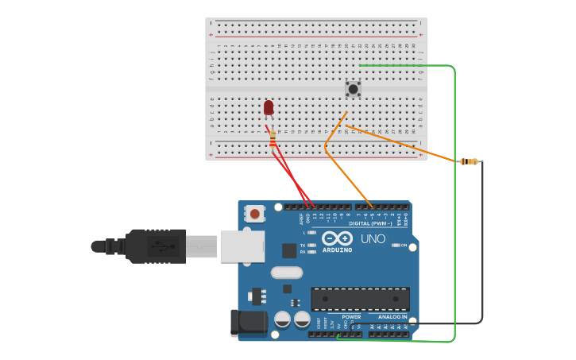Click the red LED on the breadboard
269,106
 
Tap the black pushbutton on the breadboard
353,89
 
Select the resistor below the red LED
273,139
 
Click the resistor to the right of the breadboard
469,161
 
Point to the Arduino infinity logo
337,238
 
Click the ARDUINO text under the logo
337,250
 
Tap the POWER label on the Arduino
351,317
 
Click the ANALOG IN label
392,317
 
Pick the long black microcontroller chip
360,299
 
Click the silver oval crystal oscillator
286,273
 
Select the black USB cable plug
155,246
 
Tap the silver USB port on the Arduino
242,246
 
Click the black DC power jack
248,322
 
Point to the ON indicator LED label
404,246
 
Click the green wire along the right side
454,199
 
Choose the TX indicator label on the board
303,246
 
